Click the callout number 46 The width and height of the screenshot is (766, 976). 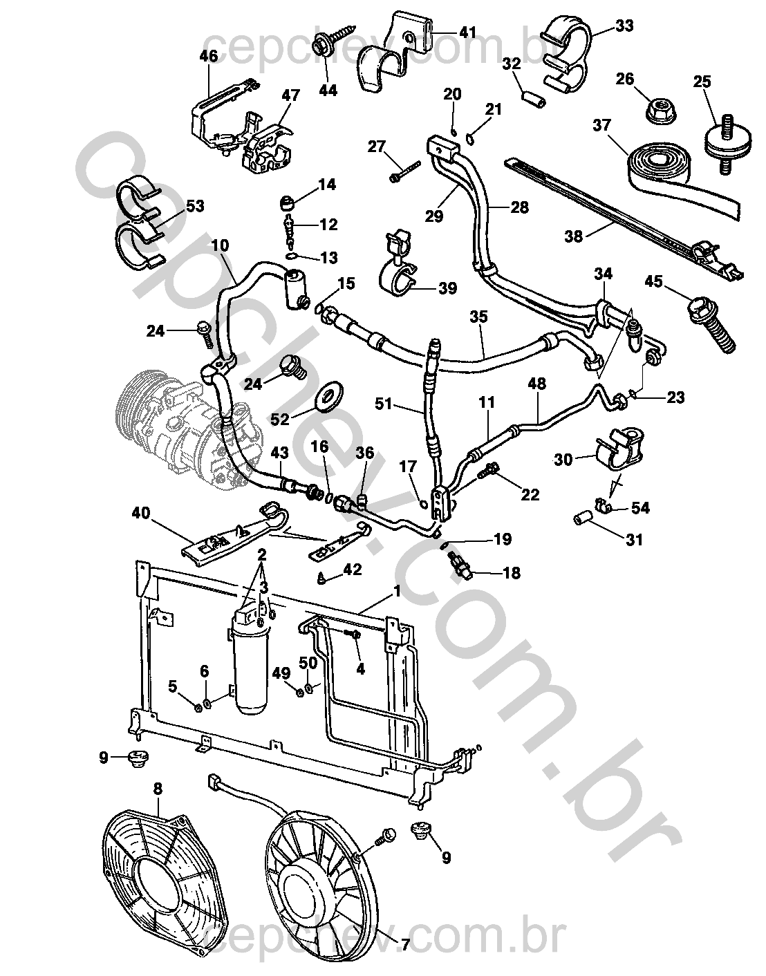click(209, 56)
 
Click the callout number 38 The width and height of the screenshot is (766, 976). click(573, 236)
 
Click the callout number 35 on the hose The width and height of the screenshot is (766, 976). click(478, 317)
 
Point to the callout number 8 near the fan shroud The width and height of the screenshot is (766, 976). click(158, 788)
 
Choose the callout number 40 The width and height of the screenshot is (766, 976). click(141, 512)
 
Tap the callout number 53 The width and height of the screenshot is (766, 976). click(194, 206)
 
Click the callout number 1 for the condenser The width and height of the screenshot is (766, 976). click(396, 591)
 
